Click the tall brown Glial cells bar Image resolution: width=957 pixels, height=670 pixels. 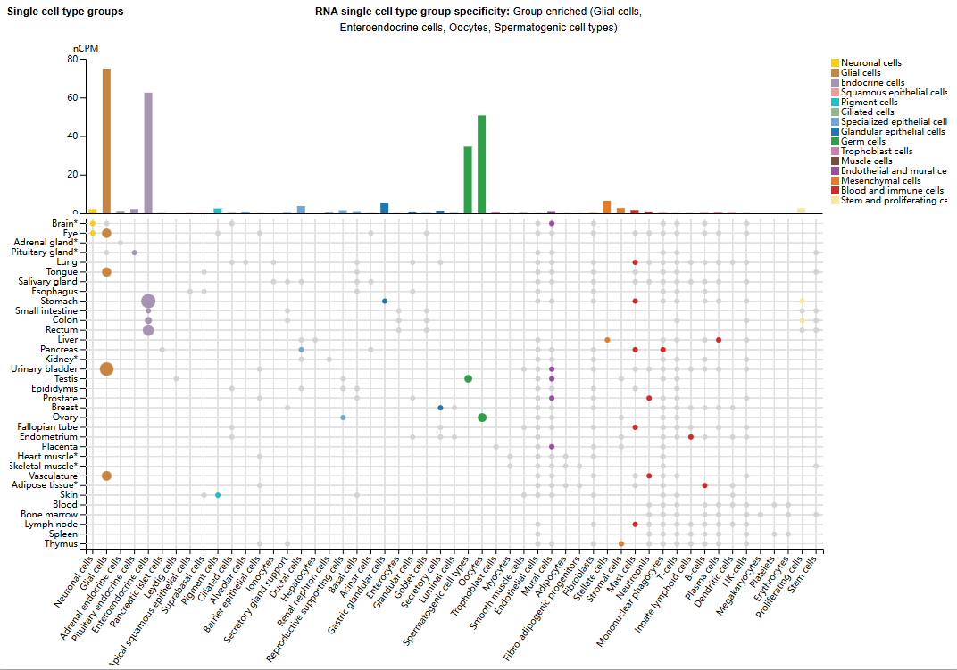(x=106, y=141)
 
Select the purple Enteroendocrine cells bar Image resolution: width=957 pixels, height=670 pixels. (x=148, y=153)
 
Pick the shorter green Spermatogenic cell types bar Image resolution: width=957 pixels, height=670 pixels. (x=468, y=179)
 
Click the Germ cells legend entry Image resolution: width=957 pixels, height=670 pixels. (x=862, y=141)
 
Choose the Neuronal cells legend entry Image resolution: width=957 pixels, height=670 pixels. (x=870, y=62)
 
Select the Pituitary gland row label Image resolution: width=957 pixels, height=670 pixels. (x=44, y=252)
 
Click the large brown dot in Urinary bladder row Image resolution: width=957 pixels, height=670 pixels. (x=106, y=369)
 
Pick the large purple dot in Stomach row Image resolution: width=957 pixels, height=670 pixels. (x=148, y=302)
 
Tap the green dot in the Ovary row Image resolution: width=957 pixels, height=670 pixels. (x=482, y=418)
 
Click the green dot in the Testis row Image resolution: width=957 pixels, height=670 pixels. (x=468, y=379)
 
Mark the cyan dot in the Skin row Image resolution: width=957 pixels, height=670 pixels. (x=218, y=495)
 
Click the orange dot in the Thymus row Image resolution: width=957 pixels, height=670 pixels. (x=620, y=543)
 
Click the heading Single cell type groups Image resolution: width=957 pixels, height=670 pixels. (x=65, y=12)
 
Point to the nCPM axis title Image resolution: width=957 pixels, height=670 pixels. (x=84, y=48)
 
